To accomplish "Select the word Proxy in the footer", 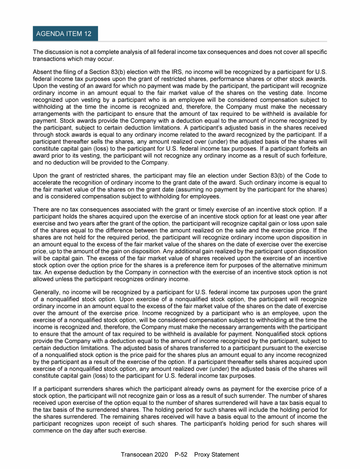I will pos(203,454).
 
